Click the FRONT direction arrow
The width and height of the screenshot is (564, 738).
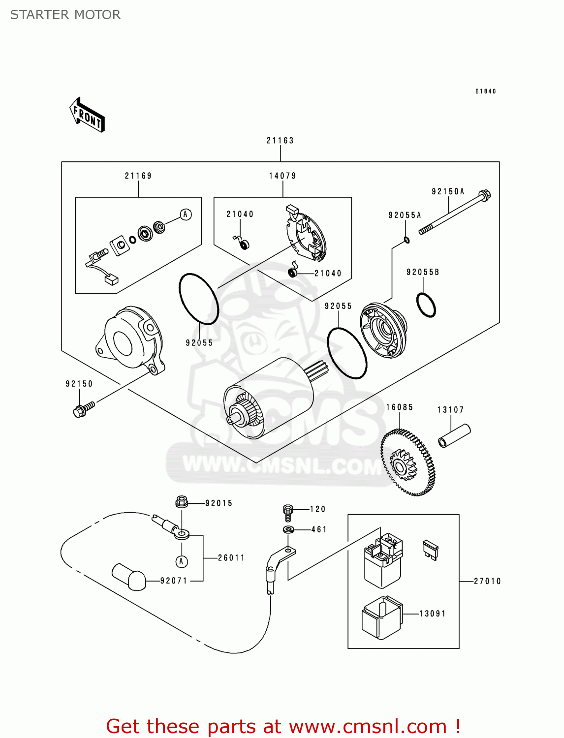(87, 115)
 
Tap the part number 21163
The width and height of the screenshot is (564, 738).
(280, 141)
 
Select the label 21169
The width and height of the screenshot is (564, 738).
(138, 176)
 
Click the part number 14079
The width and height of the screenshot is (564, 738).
(282, 176)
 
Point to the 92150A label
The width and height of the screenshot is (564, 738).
(448, 191)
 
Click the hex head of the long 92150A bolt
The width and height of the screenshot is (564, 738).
(485, 195)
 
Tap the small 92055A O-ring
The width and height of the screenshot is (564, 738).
(407, 240)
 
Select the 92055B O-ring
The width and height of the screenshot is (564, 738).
(426, 305)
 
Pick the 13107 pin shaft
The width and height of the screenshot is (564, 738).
(454, 435)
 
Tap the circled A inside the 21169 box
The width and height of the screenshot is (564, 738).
(186, 215)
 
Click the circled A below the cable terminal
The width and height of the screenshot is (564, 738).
(182, 561)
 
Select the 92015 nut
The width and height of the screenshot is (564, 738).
(181, 502)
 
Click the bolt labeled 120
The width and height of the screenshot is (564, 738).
(288, 512)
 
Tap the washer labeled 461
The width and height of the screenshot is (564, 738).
(289, 530)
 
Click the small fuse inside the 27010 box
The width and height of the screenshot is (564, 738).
(430, 550)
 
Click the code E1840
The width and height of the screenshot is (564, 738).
(485, 92)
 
